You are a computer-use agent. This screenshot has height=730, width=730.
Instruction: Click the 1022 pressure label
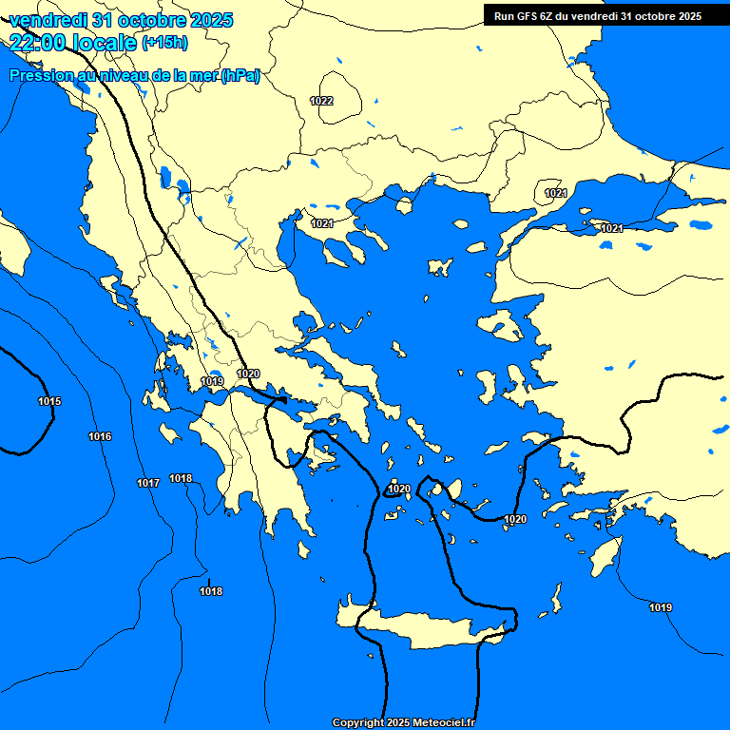(x=321, y=101)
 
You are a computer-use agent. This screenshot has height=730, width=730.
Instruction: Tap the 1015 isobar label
(x=49, y=402)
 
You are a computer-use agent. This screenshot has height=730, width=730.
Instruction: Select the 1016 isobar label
(x=100, y=436)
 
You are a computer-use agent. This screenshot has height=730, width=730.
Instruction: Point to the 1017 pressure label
(x=147, y=484)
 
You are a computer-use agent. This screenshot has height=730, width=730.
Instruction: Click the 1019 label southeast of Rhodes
(x=661, y=607)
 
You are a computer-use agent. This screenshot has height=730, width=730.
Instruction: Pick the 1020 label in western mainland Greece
(x=248, y=374)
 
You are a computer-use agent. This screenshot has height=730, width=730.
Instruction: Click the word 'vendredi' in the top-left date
(x=47, y=20)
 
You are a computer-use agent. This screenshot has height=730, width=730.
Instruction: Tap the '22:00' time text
(x=39, y=42)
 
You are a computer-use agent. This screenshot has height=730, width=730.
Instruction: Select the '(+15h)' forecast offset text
(x=164, y=43)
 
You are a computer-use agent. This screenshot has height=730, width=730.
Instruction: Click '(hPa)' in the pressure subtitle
(x=240, y=76)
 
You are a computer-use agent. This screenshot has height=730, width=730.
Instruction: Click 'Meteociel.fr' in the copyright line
(x=445, y=723)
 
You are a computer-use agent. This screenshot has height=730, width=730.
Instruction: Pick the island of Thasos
(x=403, y=205)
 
